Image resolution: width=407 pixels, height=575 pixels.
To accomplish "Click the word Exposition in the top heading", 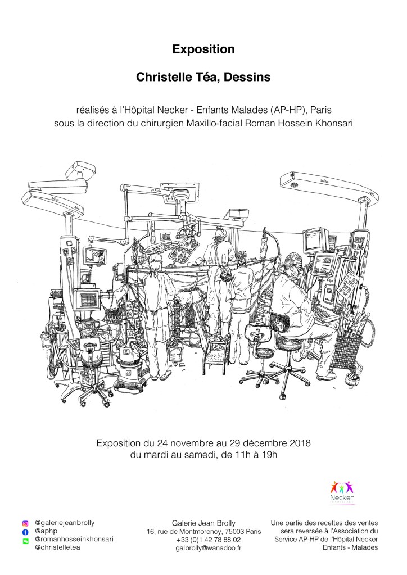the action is pos(203,49).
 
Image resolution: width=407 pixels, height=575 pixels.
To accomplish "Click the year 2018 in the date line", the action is pos(300,443).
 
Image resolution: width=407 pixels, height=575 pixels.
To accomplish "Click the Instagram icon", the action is pos(25,524).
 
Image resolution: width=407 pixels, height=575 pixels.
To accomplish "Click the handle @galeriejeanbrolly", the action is pos(65,523).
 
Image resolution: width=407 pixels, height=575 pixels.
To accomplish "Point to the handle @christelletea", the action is pos(57,547).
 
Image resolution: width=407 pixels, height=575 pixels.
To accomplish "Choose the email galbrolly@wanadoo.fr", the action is pos(208,548).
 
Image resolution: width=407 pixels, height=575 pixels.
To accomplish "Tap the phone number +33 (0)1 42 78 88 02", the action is pos(208,540).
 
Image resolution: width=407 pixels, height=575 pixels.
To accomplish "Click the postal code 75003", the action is pos(234,531).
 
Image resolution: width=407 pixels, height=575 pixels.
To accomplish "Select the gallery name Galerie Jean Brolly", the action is pos(204,523).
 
